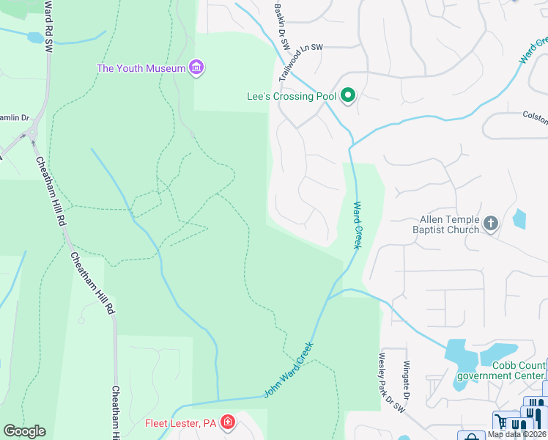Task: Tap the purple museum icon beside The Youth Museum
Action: [196, 68]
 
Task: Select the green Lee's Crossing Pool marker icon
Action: [349, 96]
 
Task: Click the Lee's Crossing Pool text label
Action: [292, 97]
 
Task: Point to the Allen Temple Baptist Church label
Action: [449, 224]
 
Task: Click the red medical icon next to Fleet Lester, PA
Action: [229, 422]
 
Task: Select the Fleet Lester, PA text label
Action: [180, 422]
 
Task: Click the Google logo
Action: [24, 431]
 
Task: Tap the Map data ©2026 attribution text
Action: [517, 434]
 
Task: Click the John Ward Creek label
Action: [289, 370]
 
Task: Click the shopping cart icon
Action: [502, 422]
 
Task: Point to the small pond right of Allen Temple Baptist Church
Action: [519, 218]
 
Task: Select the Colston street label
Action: [534, 114]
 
